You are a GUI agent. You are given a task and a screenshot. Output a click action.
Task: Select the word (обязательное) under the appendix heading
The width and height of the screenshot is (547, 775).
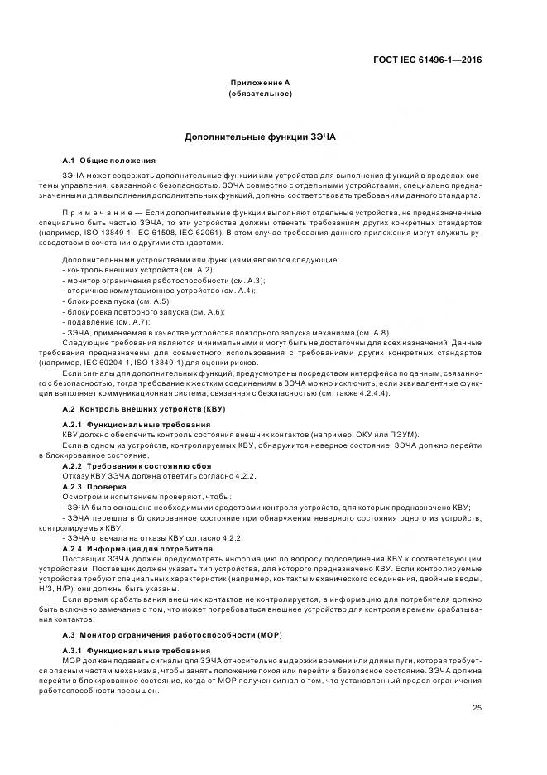tap(259, 94)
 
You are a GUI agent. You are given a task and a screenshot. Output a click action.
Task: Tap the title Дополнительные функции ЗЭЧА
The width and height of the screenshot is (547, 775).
tap(260, 137)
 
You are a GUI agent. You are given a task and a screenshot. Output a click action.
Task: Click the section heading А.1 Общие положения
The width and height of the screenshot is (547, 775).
tap(108, 160)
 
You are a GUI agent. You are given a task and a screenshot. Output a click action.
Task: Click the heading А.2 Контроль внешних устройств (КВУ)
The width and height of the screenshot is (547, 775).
tap(144, 409)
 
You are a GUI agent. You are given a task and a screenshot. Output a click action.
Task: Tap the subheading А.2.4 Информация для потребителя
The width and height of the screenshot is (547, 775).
tap(137, 548)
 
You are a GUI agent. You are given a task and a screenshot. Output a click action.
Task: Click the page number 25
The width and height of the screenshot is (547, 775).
tap(477, 707)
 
